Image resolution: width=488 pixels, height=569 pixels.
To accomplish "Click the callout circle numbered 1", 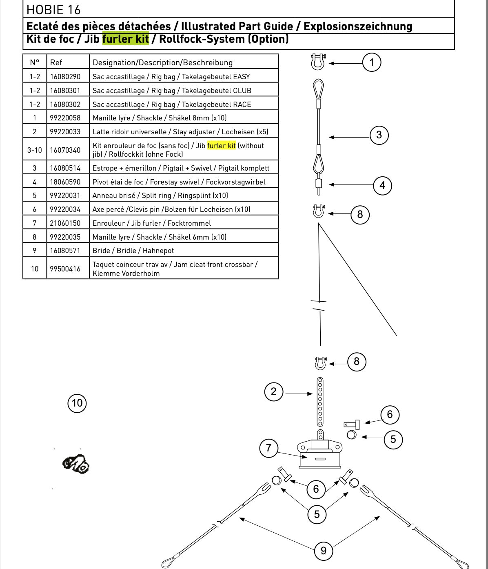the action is [372, 62].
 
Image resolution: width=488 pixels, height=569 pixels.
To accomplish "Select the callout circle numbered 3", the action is [379, 135].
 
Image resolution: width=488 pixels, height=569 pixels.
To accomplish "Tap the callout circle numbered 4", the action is [382, 186].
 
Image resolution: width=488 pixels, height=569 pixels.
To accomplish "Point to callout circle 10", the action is [77, 403].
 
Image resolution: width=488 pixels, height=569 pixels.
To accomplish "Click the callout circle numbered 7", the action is [268, 448].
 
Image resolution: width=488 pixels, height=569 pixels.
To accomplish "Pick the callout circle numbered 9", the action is [324, 551].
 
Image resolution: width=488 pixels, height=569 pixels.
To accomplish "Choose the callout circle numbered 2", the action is [274, 391].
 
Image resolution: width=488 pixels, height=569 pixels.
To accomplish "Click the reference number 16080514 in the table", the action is [65, 168].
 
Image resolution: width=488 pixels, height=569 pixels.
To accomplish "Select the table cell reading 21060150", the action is [65, 223].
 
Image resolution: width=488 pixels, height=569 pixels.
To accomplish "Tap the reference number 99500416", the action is [65, 269].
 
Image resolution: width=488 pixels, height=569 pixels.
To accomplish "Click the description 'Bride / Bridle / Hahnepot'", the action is [133, 251].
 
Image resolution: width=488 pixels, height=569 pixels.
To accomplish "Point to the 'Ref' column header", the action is [56, 62].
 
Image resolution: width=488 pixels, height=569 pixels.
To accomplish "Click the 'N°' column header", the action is [35, 62].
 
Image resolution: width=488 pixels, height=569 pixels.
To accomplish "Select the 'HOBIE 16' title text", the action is [53, 10].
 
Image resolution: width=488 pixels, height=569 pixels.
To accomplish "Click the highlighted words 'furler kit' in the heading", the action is [126, 39].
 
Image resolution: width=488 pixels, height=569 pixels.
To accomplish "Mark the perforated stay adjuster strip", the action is [320, 402].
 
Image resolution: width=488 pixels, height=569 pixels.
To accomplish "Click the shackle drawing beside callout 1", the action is [318, 62].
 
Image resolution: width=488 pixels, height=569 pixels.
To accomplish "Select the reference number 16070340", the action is [65, 150].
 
